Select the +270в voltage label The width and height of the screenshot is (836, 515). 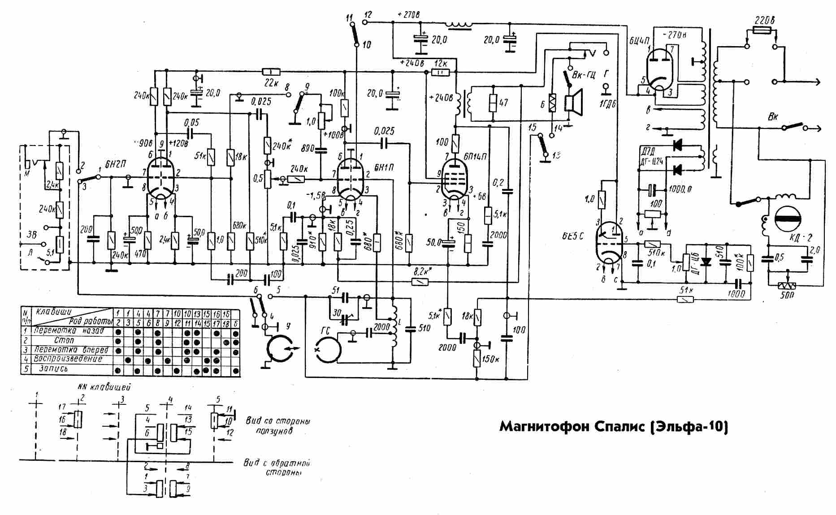408,14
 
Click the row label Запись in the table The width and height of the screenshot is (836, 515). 54,369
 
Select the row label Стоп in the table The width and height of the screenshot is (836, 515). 64,340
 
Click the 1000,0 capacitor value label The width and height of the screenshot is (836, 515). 680,189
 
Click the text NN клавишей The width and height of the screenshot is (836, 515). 104,387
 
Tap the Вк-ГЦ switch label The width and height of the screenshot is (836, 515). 585,73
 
